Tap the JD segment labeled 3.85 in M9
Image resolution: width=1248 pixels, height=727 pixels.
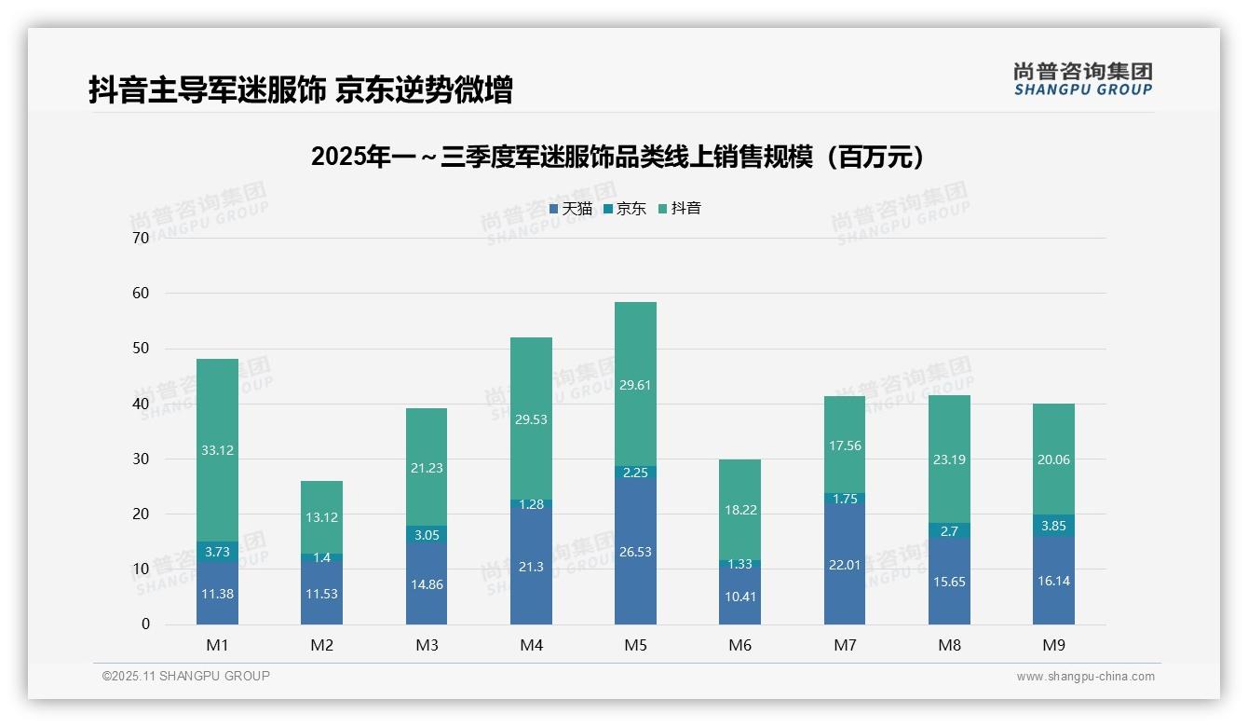(x=1053, y=526)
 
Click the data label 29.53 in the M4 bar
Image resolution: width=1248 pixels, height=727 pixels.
(x=531, y=419)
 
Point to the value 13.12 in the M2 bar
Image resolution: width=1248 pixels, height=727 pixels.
(x=321, y=518)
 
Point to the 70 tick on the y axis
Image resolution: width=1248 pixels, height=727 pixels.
(x=141, y=238)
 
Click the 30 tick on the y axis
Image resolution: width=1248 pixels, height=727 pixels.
(x=141, y=459)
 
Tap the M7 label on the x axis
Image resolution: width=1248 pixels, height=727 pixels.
(x=845, y=645)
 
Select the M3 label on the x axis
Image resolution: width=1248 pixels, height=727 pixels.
(x=427, y=645)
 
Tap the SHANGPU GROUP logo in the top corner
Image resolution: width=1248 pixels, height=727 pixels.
(x=1082, y=79)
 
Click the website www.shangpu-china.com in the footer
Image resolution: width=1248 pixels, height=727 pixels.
(x=1085, y=677)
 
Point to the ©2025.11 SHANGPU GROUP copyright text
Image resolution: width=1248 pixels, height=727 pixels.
(x=186, y=676)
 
